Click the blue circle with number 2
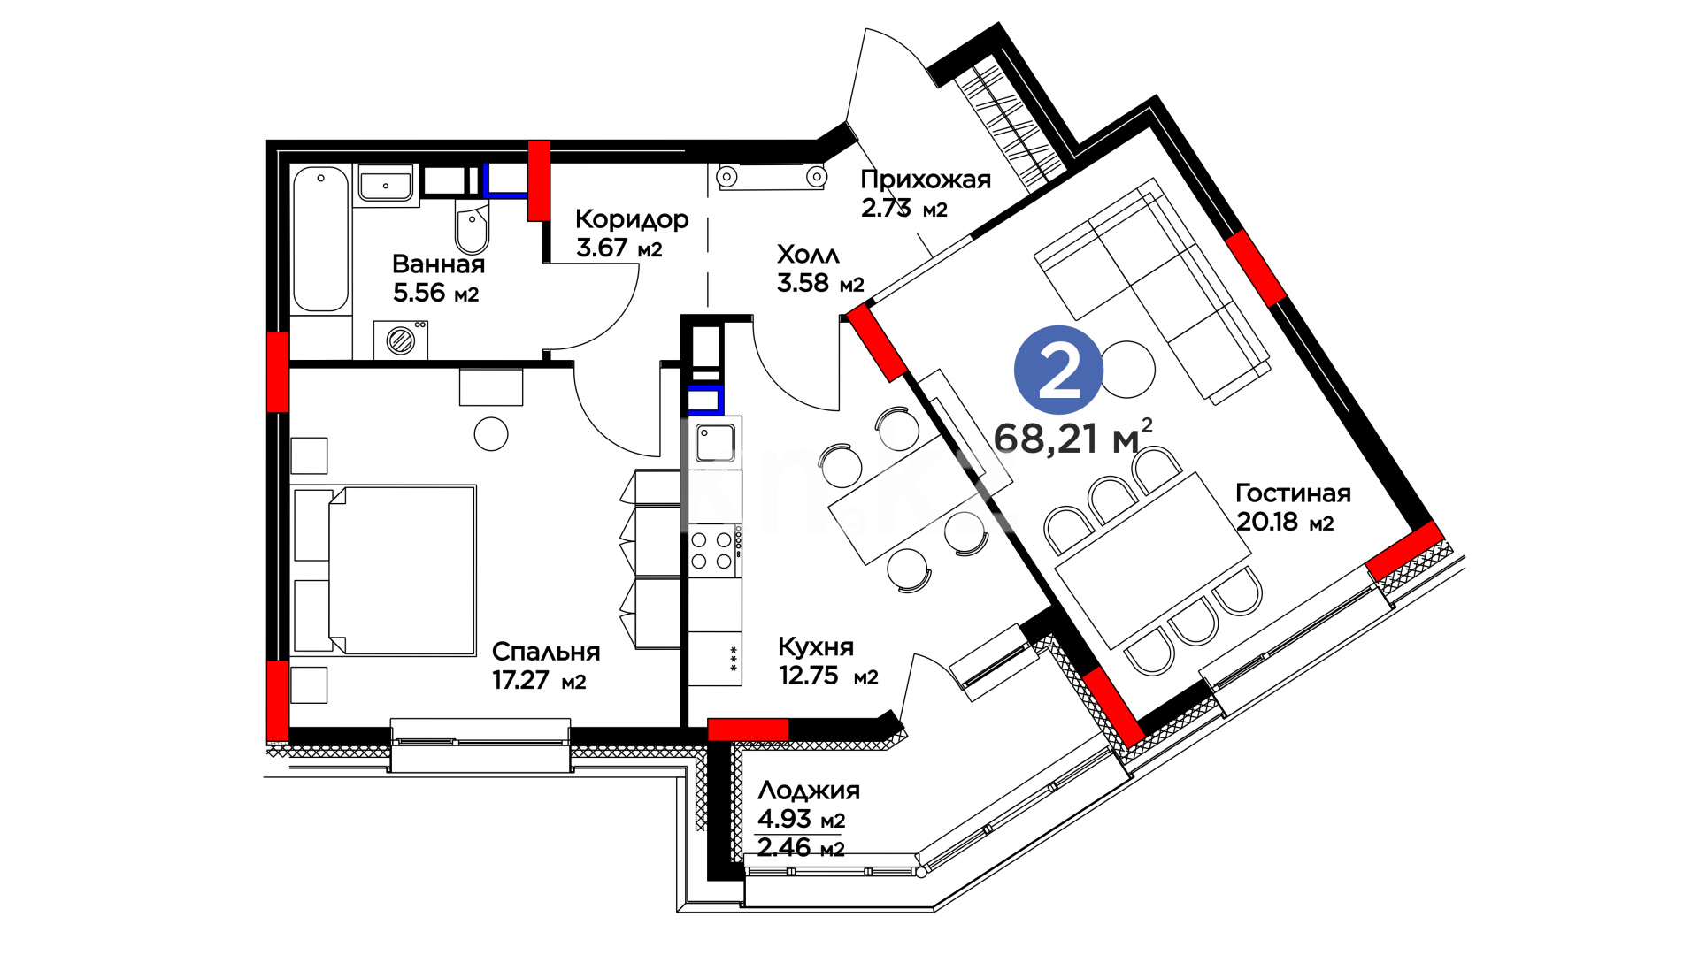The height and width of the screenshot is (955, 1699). (x=1058, y=371)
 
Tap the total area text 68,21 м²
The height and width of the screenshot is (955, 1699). (x=1072, y=437)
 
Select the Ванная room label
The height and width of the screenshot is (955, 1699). (x=438, y=264)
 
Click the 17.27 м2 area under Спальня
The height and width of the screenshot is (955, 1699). (x=539, y=680)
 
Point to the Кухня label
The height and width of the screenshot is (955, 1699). (x=816, y=646)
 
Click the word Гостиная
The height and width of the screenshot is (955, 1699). (x=1293, y=493)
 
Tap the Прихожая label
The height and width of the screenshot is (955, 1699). (x=926, y=180)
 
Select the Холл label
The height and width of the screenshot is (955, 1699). (x=808, y=255)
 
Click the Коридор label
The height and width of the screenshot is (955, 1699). (x=632, y=219)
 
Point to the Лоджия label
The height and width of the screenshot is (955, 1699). (x=809, y=790)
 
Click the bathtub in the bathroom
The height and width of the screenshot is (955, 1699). (x=320, y=239)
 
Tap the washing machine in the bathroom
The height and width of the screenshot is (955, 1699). (x=401, y=340)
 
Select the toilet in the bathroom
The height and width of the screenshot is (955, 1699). (x=472, y=226)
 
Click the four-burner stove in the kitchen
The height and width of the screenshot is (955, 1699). (x=712, y=549)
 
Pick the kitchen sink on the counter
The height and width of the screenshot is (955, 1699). (x=715, y=443)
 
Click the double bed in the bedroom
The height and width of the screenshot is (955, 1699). (x=387, y=570)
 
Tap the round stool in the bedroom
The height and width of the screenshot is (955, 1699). (x=491, y=433)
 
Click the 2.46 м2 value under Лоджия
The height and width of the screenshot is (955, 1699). (x=801, y=848)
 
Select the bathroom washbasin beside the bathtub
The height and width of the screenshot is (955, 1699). (x=386, y=186)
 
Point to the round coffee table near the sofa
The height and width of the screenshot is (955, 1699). (x=1128, y=370)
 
